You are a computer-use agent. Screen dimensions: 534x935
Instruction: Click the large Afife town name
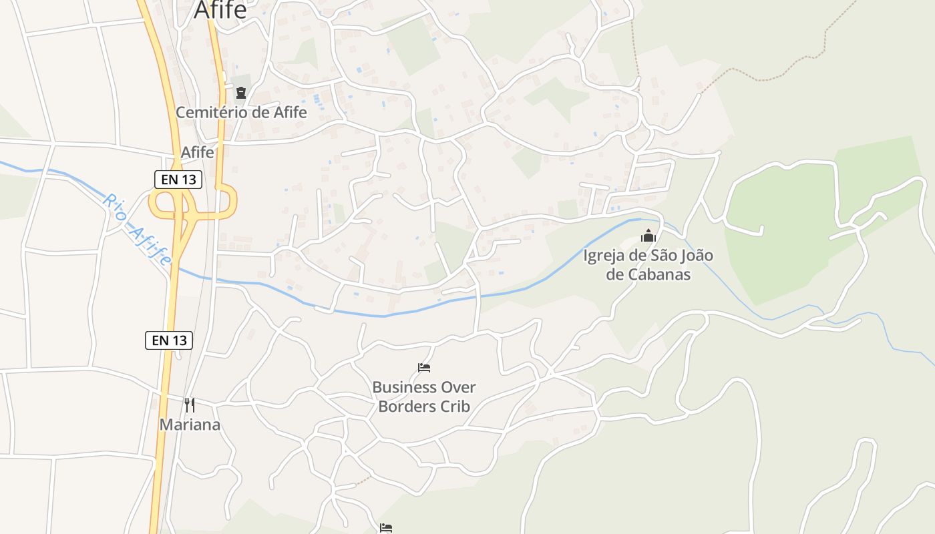point(220,10)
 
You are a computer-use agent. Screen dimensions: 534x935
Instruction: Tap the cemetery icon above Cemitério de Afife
point(241,93)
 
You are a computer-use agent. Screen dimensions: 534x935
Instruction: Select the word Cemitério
point(212,112)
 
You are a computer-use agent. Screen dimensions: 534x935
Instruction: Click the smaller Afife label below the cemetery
point(198,152)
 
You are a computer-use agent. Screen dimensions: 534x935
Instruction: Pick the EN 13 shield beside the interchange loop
point(178,179)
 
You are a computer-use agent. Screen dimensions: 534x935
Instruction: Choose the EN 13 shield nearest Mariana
point(169,340)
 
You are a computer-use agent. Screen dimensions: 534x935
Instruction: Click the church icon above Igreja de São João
point(648,236)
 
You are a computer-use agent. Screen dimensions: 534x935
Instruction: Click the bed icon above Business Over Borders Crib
point(424,368)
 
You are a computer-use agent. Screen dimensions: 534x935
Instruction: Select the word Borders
point(407,407)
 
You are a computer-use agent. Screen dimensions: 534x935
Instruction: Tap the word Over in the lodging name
point(458,387)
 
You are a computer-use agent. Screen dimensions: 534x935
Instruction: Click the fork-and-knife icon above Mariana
point(190,405)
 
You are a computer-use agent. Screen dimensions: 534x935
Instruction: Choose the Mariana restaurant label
point(190,425)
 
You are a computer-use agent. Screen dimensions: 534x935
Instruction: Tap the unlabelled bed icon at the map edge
point(385,528)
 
